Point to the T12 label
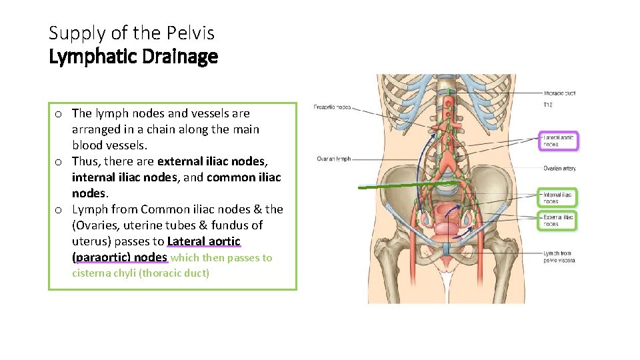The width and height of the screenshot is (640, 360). click(x=548, y=105)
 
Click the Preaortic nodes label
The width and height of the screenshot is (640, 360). click(x=333, y=107)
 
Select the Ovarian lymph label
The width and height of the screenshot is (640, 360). click(x=334, y=159)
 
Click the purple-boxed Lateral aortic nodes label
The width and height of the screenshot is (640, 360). click(x=558, y=141)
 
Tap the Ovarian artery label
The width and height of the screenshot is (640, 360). click(x=559, y=169)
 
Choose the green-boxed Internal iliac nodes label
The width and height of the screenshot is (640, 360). click(x=557, y=197)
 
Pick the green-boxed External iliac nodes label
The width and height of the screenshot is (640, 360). click(x=558, y=221)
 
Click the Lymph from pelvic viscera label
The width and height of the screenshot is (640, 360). click(x=559, y=257)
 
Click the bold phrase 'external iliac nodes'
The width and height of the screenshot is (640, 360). click(x=212, y=161)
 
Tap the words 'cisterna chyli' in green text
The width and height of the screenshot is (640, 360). click(x=103, y=273)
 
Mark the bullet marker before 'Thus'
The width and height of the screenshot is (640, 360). click(x=59, y=162)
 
